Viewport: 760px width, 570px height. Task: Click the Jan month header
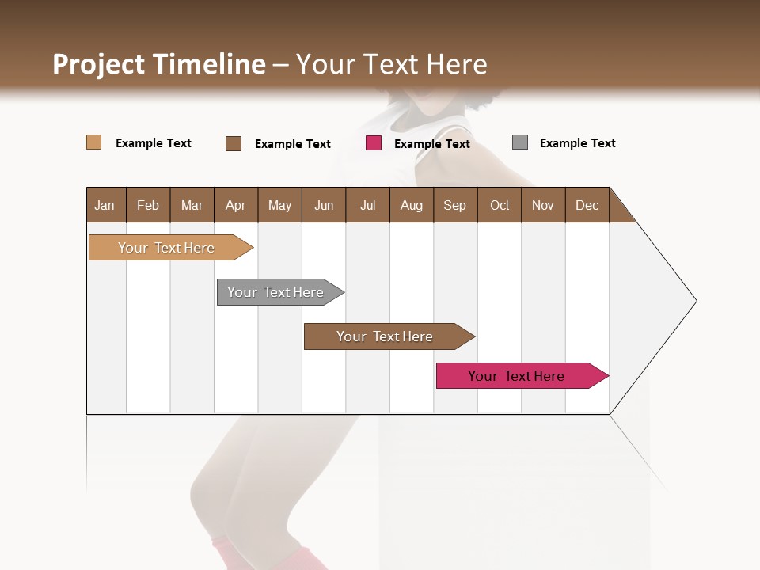tap(105, 205)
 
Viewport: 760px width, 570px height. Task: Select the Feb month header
tap(148, 205)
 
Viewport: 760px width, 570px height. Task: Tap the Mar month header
tap(192, 205)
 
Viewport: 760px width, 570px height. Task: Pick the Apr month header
tap(236, 205)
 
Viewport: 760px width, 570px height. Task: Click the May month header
tap(279, 205)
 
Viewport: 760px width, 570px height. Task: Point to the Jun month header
tap(324, 205)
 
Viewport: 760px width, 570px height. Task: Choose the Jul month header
tap(367, 205)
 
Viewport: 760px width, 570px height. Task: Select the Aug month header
tap(412, 205)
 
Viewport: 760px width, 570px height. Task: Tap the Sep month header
tap(455, 205)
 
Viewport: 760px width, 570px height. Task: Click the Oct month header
tap(500, 205)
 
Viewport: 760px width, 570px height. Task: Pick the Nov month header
tap(543, 205)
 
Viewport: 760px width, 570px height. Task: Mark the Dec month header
tap(587, 205)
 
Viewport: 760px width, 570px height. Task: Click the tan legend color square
tap(94, 142)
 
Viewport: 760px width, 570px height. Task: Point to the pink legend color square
tap(374, 143)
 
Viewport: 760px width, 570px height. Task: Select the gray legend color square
tap(520, 142)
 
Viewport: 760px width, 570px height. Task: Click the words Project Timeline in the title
tap(159, 64)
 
